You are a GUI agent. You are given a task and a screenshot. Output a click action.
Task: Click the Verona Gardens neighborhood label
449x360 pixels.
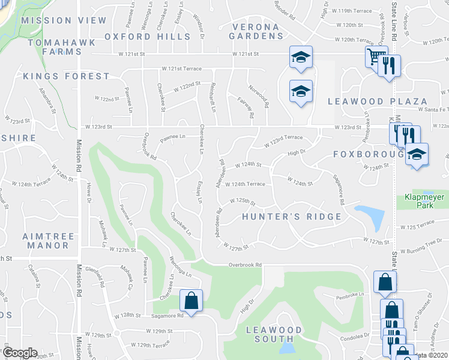255,31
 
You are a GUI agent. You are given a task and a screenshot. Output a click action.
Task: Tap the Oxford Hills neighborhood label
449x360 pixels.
148,37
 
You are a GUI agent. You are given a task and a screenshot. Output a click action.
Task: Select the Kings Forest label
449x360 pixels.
66,76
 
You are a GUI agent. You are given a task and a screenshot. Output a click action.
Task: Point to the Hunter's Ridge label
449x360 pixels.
291,217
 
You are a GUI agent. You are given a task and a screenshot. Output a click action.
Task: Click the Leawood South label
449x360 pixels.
274,334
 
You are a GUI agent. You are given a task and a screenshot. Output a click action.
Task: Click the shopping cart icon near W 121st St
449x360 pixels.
375,57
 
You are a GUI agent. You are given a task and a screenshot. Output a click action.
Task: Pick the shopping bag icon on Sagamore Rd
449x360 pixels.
191,301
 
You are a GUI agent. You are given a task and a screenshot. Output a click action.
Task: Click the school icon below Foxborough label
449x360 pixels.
416,154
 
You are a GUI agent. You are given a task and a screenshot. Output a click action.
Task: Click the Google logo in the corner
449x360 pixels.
19,353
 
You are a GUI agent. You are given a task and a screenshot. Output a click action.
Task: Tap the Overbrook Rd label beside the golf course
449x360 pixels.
246,265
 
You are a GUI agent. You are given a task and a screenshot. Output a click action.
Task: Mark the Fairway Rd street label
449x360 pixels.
246,107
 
